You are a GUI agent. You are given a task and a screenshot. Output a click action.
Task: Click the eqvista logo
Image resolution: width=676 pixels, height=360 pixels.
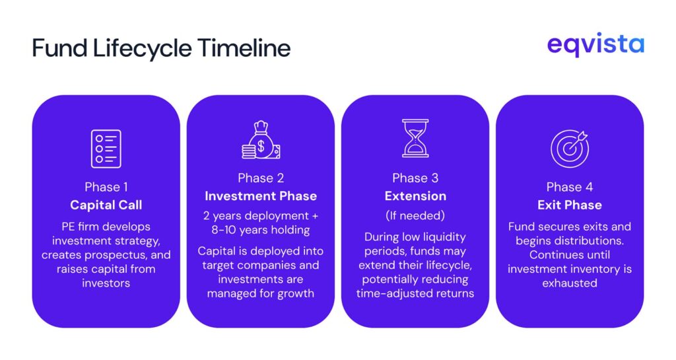[x=595, y=46]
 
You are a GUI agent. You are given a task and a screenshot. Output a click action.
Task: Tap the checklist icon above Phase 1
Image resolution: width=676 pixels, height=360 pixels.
[x=106, y=149]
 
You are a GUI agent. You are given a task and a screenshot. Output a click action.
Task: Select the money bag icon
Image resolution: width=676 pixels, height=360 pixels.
[x=259, y=140]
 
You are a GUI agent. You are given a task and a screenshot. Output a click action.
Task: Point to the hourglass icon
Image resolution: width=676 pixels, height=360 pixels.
[x=415, y=138]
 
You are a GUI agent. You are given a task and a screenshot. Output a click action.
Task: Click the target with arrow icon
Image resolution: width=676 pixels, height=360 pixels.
[x=569, y=149]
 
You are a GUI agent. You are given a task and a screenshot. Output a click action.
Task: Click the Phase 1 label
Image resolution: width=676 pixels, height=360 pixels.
[x=106, y=186]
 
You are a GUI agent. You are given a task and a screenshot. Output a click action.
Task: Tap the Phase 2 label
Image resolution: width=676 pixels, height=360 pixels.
[x=260, y=178]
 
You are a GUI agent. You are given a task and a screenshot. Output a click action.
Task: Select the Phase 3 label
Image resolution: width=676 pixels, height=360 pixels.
[x=415, y=178]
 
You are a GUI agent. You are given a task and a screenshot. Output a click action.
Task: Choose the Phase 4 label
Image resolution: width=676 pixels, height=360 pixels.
[x=569, y=187]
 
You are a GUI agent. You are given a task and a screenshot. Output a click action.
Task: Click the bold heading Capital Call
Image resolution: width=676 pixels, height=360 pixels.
[x=106, y=205]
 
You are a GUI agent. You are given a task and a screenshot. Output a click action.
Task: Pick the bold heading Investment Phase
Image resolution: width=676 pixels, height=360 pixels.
[x=260, y=196]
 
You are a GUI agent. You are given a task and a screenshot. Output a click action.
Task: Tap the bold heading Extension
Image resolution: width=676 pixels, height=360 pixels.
[x=415, y=196]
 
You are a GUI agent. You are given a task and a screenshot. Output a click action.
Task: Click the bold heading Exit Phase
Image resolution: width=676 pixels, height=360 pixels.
[x=569, y=205]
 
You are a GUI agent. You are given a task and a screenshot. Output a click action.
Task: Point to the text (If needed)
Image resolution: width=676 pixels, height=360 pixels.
[x=415, y=215]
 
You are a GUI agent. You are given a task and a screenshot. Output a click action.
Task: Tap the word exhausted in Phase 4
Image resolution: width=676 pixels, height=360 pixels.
[x=569, y=283]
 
